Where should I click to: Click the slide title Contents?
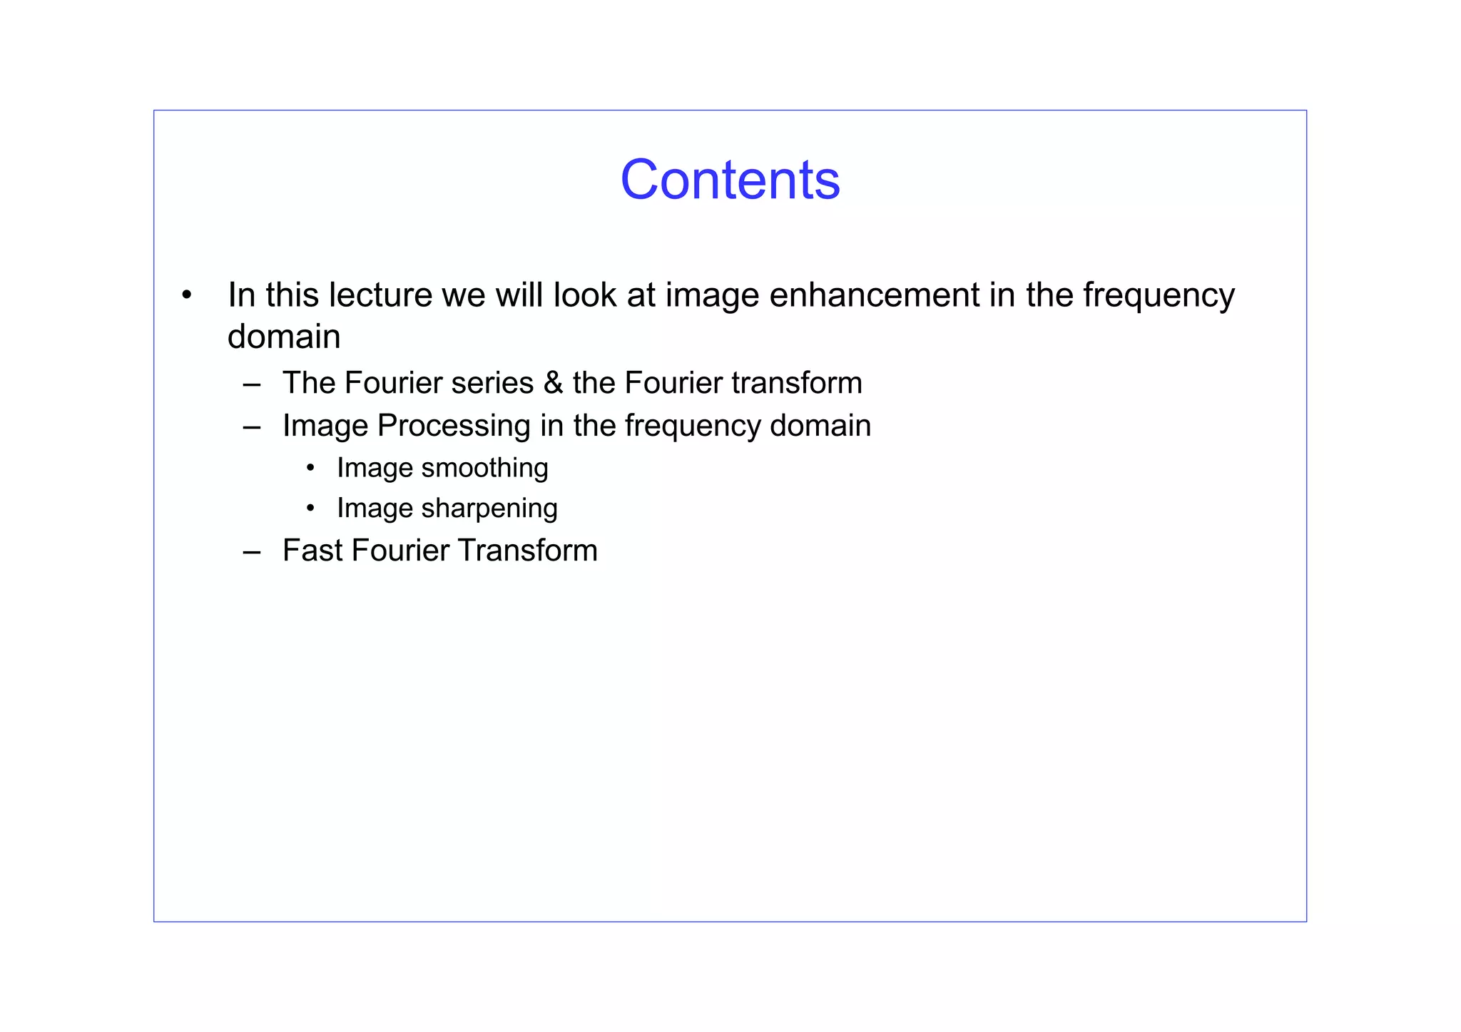[x=730, y=180]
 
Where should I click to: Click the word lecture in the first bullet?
[x=380, y=295]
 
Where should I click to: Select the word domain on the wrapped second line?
[x=283, y=337]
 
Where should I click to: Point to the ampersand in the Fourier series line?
[x=553, y=383]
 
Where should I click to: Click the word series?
[x=492, y=383]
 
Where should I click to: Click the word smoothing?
[x=484, y=468]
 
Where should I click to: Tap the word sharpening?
[x=489, y=509]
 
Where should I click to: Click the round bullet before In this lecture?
[x=186, y=295]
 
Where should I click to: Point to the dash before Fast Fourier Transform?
[x=251, y=551]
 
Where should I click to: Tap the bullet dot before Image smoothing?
[x=310, y=469]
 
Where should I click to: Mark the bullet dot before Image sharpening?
[x=310, y=509]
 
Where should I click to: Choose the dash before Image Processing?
[x=251, y=426]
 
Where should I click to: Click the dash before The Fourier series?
[x=251, y=384]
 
